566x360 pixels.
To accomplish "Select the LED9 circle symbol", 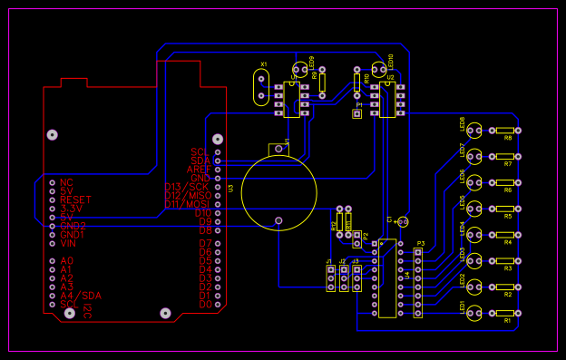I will coord(300,69).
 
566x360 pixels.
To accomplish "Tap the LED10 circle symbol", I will coord(378,68).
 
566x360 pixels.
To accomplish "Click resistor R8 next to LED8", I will coord(504,131).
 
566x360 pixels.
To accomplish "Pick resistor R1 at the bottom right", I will coord(504,313).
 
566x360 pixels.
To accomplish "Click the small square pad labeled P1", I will coord(357,114).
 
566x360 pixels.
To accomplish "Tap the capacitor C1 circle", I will coord(404,221).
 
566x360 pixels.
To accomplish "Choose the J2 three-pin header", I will coord(344,277).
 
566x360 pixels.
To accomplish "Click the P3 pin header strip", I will coord(418,282).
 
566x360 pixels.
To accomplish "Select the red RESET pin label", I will coord(75,199).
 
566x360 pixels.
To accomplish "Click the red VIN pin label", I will coord(69,243).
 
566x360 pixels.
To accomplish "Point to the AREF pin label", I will coord(199,169).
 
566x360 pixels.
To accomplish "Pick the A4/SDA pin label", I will coord(81,296).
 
